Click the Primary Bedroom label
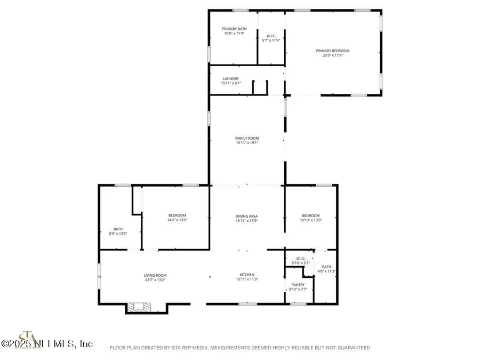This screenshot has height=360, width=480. click(x=336, y=51)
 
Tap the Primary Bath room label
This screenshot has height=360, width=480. click(x=234, y=28)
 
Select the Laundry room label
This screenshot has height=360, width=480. click(x=231, y=78)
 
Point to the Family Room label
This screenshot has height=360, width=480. click(x=246, y=139)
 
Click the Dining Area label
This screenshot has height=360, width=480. click(x=246, y=216)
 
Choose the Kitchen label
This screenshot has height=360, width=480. click(x=246, y=275)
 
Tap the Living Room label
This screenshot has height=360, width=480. click(x=155, y=275)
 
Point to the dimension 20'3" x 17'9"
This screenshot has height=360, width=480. click(x=336, y=55)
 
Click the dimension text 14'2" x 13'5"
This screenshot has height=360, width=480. click(x=178, y=220)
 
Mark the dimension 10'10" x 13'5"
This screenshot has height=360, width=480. click(x=310, y=220)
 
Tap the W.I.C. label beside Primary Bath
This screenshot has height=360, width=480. click(x=271, y=35)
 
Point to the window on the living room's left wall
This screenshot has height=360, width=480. click(x=99, y=275)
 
